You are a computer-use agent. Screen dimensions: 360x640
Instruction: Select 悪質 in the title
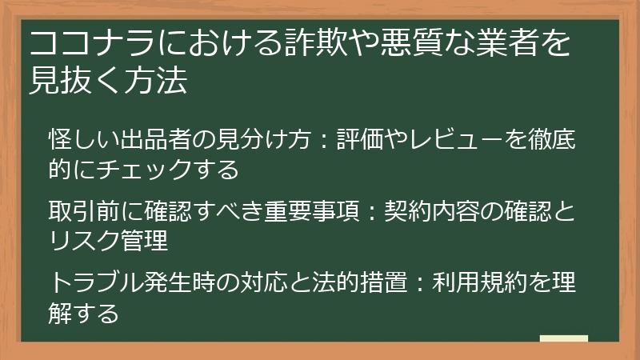[426, 46]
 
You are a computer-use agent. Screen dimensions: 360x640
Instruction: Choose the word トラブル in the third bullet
[98, 283]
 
